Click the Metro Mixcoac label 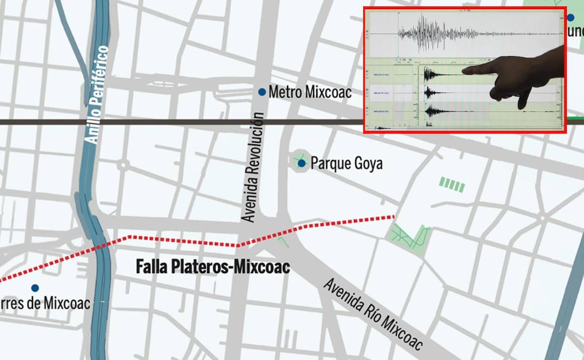310,92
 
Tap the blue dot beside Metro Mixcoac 262,92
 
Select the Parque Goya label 347,163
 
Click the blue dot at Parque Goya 302,163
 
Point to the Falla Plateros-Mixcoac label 213,266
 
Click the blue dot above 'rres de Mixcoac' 35,288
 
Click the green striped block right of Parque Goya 452,184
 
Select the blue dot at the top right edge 570,17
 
